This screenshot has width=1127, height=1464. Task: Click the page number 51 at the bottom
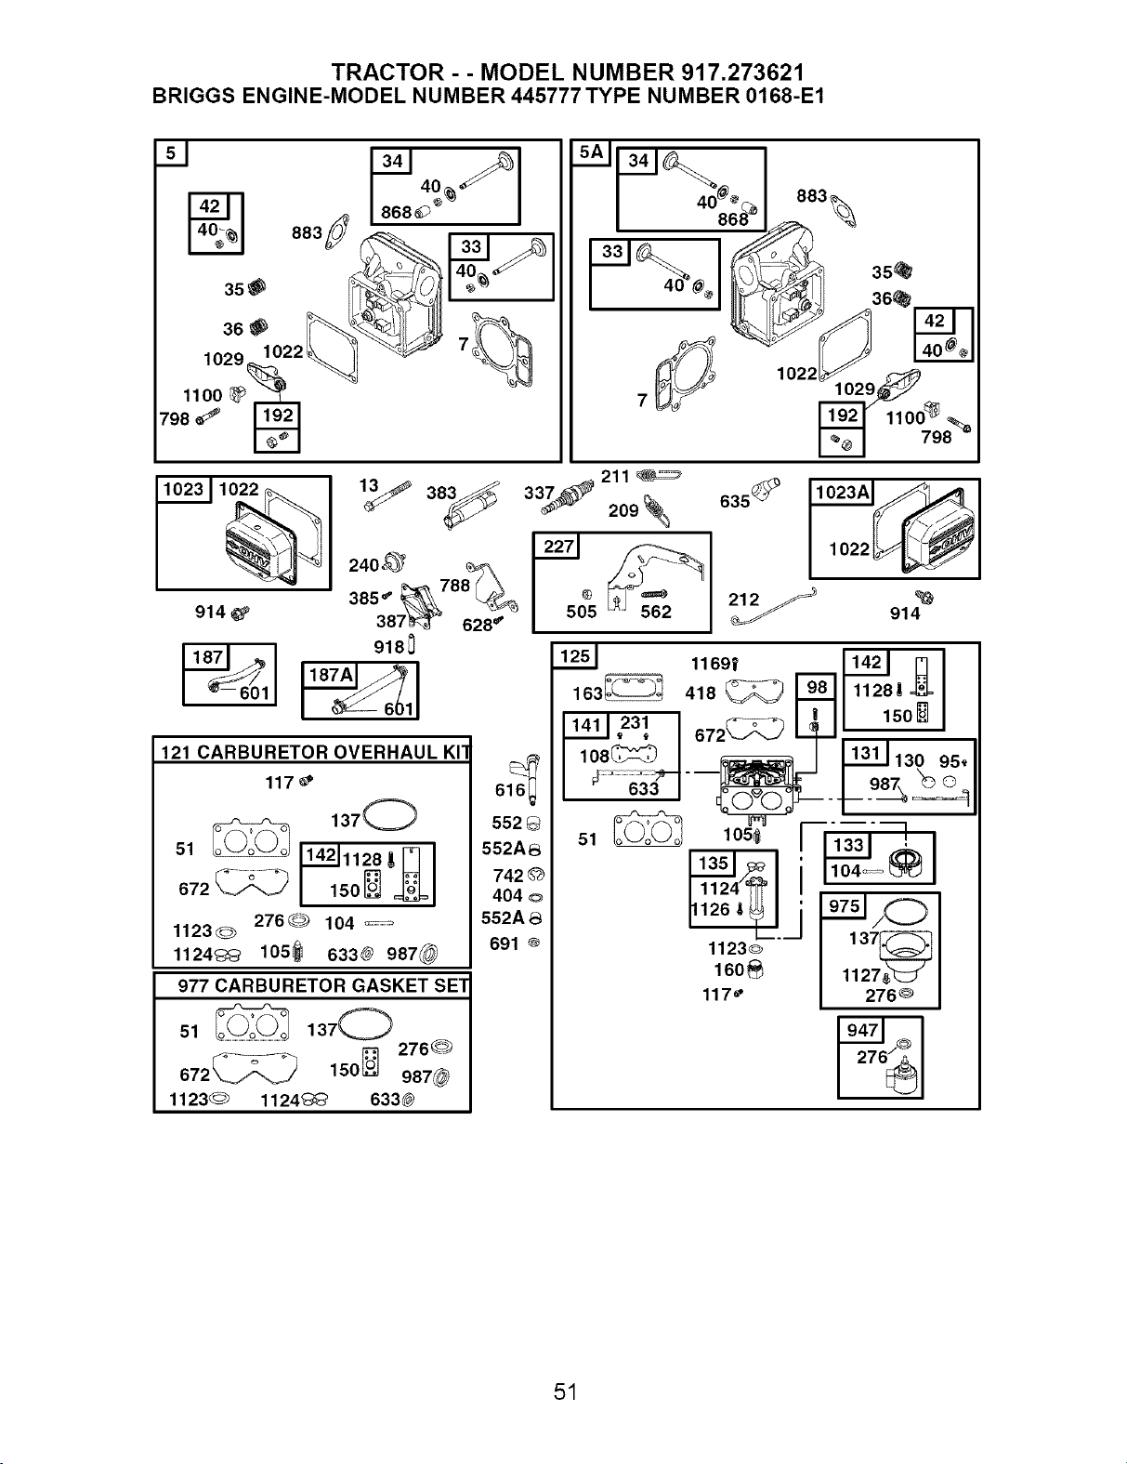(566, 1391)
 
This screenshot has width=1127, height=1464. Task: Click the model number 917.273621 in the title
(742, 73)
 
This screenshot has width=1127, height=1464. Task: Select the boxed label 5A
(590, 152)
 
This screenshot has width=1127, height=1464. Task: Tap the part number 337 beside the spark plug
(539, 494)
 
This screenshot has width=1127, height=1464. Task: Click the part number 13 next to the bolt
(368, 485)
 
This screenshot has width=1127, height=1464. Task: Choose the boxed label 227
(557, 546)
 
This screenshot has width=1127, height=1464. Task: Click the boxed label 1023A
(842, 493)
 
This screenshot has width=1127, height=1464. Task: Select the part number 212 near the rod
(743, 600)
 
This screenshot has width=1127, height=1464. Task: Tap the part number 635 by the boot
(735, 501)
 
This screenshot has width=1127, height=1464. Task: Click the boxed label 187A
(331, 675)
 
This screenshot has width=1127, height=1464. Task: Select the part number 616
(510, 789)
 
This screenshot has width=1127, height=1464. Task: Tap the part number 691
(505, 943)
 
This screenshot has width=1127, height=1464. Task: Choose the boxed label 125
(574, 656)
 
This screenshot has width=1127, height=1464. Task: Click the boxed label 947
(861, 1030)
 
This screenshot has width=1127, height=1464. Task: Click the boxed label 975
(843, 906)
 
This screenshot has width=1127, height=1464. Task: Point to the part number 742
(508, 876)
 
